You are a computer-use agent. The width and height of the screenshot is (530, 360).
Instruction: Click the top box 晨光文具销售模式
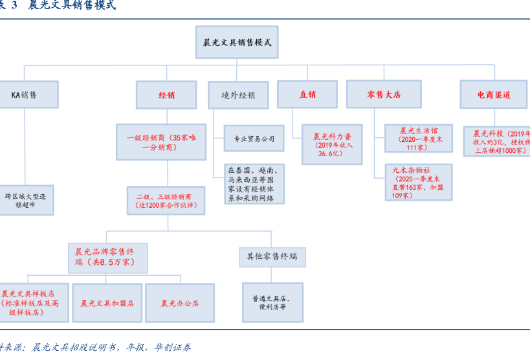pyautogui.click(x=237, y=43)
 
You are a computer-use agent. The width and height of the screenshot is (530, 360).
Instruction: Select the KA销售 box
pyautogui.click(x=26, y=95)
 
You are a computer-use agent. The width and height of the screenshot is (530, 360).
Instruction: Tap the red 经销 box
pyautogui.click(x=166, y=95)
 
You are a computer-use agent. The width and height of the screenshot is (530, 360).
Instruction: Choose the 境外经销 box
pyautogui.click(x=237, y=95)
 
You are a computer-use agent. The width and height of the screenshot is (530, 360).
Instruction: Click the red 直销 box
pyautogui.click(x=307, y=95)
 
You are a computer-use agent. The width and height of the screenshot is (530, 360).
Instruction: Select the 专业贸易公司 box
pyautogui.click(x=254, y=139)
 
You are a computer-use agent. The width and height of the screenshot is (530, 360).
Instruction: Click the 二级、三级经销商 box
pyautogui.click(x=166, y=201)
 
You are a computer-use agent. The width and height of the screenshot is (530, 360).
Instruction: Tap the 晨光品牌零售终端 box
pyautogui.click(x=107, y=257)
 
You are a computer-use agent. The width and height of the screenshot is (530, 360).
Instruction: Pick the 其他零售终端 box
pyautogui.click(x=272, y=256)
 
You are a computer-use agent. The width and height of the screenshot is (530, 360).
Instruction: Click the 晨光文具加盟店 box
pyautogui.click(x=107, y=303)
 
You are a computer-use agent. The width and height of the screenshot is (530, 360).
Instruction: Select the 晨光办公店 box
pyautogui.click(x=180, y=303)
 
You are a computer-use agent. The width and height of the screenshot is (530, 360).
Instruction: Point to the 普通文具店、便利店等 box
pyautogui.click(x=272, y=302)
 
